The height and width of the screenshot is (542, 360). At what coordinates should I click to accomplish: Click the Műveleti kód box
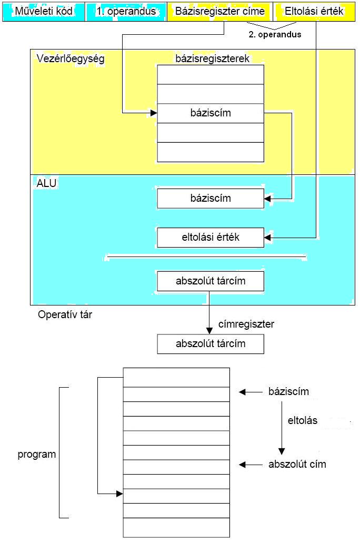(x=44, y=11)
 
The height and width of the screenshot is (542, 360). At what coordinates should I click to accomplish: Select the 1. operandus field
(x=126, y=11)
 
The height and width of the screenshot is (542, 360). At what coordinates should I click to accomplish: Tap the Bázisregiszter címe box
(x=219, y=11)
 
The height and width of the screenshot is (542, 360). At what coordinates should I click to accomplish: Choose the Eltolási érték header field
(x=315, y=11)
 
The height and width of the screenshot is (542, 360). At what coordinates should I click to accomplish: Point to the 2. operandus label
(x=275, y=35)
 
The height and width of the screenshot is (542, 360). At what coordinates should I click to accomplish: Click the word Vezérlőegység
(x=71, y=59)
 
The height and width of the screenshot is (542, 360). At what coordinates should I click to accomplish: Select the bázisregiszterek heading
(x=212, y=58)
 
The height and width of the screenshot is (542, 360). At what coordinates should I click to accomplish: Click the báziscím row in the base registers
(x=211, y=113)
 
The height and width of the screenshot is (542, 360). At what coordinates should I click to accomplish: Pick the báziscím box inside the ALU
(x=211, y=199)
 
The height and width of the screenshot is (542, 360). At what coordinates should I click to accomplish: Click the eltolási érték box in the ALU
(x=211, y=237)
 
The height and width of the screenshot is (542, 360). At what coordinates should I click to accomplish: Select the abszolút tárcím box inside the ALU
(x=211, y=281)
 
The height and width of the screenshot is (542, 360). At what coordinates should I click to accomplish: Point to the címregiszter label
(x=246, y=325)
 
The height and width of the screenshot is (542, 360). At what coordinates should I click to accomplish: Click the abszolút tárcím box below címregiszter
(x=211, y=344)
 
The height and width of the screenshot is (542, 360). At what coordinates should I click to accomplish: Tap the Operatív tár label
(x=65, y=316)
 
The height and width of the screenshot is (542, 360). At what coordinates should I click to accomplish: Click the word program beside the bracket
(x=37, y=454)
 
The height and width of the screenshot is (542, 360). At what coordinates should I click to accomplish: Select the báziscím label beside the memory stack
(x=288, y=392)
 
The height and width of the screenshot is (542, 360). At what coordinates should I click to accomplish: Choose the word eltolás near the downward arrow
(x=303, y=421)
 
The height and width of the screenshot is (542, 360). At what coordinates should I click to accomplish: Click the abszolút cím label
(x=297, y=465)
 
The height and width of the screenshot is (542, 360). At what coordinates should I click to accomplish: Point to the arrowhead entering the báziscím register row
(x=154, y=113)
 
